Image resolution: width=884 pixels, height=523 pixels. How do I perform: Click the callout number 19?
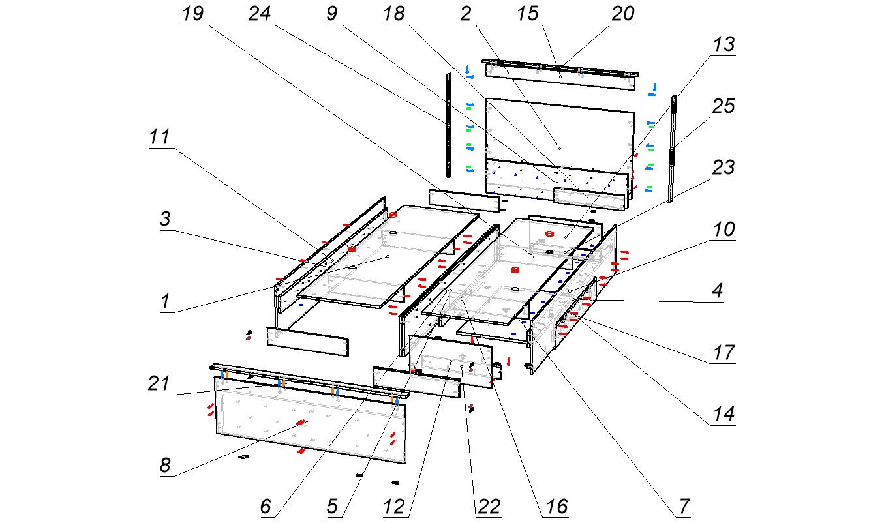193,14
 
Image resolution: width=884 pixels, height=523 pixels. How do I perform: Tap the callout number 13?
723,45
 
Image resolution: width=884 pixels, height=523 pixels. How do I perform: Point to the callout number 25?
723,106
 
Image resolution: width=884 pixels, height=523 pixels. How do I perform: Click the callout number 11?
160,138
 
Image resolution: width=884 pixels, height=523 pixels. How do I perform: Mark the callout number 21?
159,383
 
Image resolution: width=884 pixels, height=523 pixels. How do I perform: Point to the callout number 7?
683,506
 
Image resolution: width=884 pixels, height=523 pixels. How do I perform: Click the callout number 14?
723,414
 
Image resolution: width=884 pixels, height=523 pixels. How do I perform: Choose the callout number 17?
723,353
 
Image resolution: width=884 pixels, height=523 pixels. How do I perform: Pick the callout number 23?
723,168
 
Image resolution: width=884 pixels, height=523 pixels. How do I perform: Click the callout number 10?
723,230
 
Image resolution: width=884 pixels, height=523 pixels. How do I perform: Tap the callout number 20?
622,14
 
